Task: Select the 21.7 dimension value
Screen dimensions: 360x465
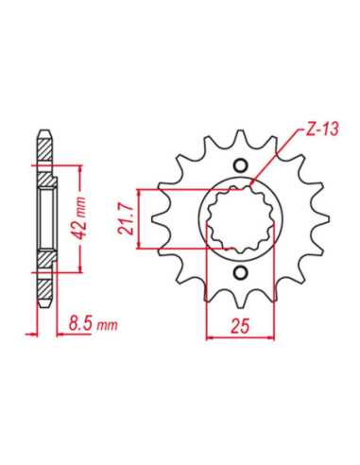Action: (126, 219)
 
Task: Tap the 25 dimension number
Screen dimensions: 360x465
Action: (240, 326)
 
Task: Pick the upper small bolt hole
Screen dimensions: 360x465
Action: (241, 165)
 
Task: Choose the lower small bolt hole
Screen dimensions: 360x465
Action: (241, 271)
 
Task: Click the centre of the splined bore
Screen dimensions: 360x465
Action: (240, 218)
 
